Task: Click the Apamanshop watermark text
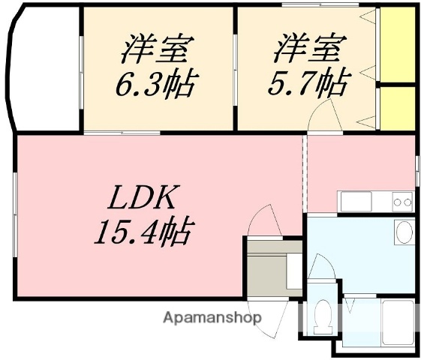[x=213, y=317]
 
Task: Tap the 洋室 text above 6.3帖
[x=158, y=49]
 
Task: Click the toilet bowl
[x=323, y=318]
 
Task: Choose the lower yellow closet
[x=398, y=106]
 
